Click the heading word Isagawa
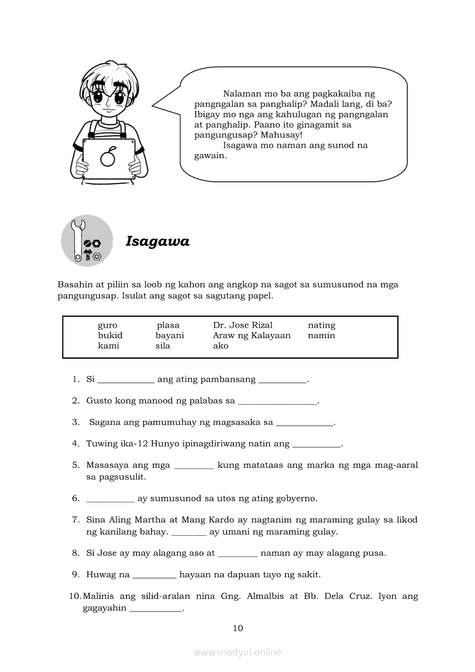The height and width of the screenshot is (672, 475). click(x=158, y=241)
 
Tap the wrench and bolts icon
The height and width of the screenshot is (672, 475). click(x=87, y=241)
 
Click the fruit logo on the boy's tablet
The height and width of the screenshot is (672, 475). click(x=108, y=156)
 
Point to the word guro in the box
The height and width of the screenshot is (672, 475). click(x=108, y=325)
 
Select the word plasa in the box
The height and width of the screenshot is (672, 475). click(x=168, y=325)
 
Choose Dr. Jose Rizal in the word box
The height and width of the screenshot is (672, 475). click(x=243, y=325)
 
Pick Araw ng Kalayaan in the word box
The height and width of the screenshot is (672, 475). click(x=252, y=336)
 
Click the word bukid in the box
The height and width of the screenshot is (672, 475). click(x=110, y=336)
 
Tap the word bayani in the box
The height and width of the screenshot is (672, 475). click(x=170, y=336)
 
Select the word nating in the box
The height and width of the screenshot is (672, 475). click(x=321, y=325)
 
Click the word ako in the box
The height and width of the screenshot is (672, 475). click(x=221, y=346)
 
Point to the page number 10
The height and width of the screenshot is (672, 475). click(x=238, y=628)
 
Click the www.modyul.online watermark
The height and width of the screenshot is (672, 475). click(x=237, y=652)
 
